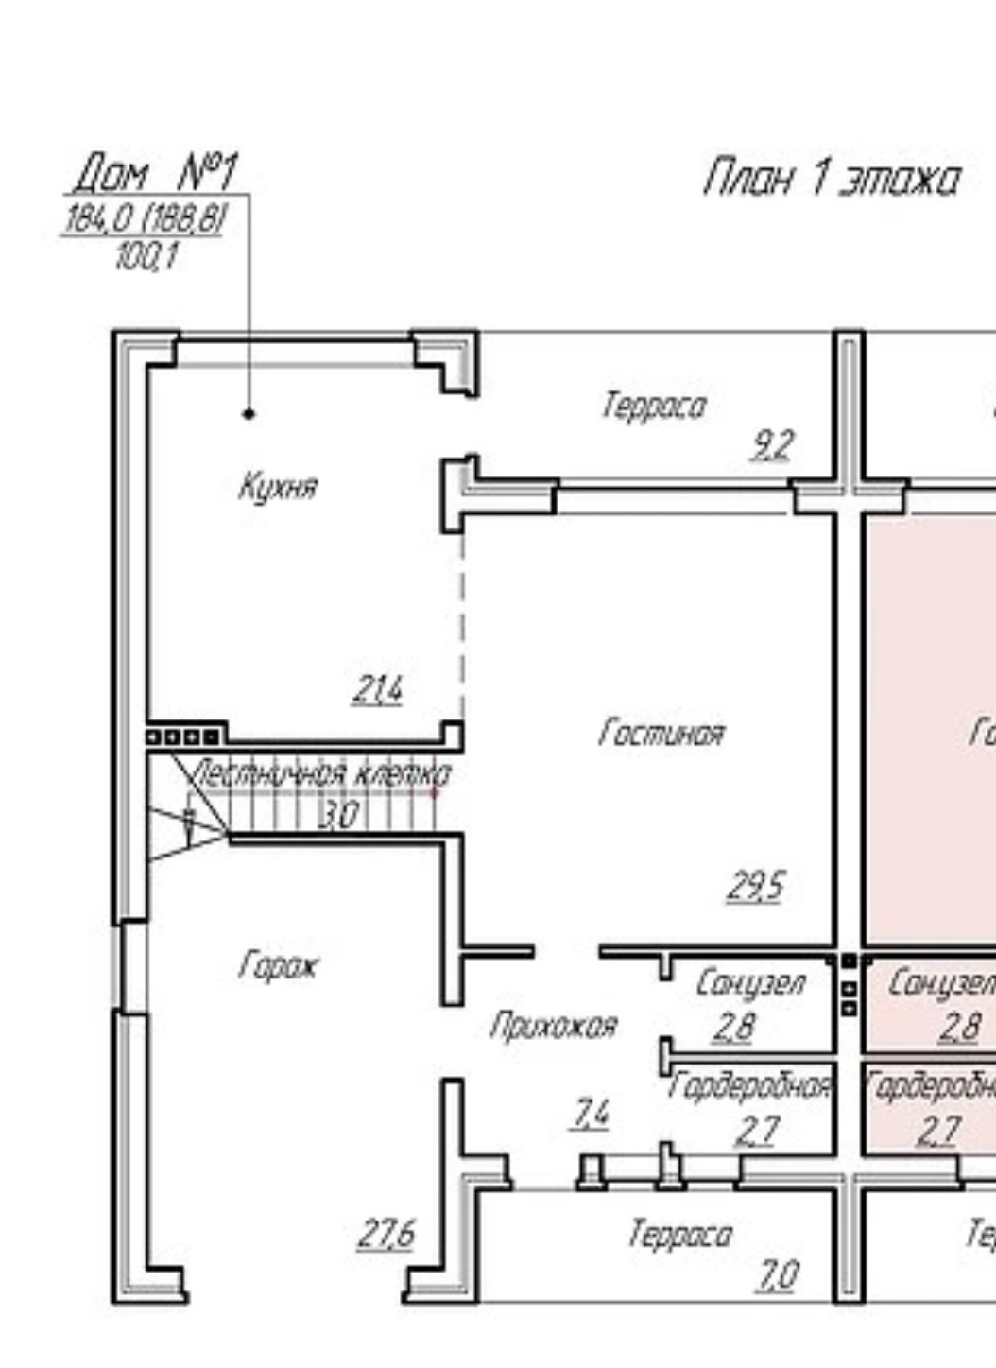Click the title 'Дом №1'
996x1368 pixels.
click(156, 173)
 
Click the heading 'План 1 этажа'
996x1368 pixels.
click(832, 179)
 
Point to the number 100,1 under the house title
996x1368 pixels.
click(146, 255)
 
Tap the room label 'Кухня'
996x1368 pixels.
click(278, 488)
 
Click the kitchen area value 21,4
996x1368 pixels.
click(378, 689)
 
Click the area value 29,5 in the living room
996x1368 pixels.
click(756, 886)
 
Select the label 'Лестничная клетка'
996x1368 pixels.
click(322, 774)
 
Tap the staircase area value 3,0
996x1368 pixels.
click(338, 814)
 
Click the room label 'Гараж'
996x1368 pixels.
click(279, 966)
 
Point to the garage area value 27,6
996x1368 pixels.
click(386, 1234)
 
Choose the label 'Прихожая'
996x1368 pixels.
click(554, 1026)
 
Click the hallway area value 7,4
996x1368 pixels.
click(591, 1115)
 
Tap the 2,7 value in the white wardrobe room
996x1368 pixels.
click(757, 1130)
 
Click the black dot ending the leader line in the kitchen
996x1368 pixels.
click(249, 413)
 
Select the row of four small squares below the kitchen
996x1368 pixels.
click(184, 736)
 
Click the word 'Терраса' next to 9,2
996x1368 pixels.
click(654, 407)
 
